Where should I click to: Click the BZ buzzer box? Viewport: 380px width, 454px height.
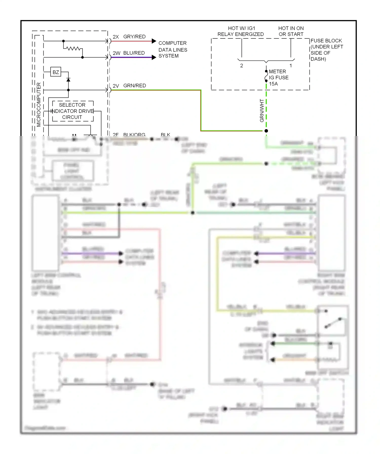coord(56,72)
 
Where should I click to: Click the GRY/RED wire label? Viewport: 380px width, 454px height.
coord(134,37)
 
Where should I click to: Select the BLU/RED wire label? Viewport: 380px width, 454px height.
coord(134,53)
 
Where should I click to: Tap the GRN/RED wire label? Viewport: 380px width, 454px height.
coord(135,86)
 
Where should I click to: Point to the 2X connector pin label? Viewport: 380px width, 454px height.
coord(116,37)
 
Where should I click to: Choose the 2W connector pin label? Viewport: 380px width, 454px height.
coord(116,53)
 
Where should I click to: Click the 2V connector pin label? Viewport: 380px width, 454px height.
coord(116,86)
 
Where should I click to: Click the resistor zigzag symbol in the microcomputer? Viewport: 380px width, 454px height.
coord(73,48)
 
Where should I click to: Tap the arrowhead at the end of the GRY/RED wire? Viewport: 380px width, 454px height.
coord(154,41)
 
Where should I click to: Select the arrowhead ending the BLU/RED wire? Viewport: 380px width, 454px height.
coord(154,57)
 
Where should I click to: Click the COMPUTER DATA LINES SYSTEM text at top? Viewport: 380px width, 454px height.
coord(173,50)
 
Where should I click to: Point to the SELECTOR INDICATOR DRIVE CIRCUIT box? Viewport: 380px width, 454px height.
coord(72,111)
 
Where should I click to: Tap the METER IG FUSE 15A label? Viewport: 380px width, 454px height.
coord(278,77)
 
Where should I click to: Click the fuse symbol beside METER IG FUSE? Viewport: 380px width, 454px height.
coord(266,76)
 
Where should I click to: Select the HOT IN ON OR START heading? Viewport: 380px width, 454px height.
coord(291,31)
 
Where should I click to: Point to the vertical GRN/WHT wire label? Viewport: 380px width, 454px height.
coord(262,110)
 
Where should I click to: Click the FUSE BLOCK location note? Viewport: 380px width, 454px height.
coord(327,50)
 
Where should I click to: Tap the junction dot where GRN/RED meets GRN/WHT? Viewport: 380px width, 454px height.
coord(266,131)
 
